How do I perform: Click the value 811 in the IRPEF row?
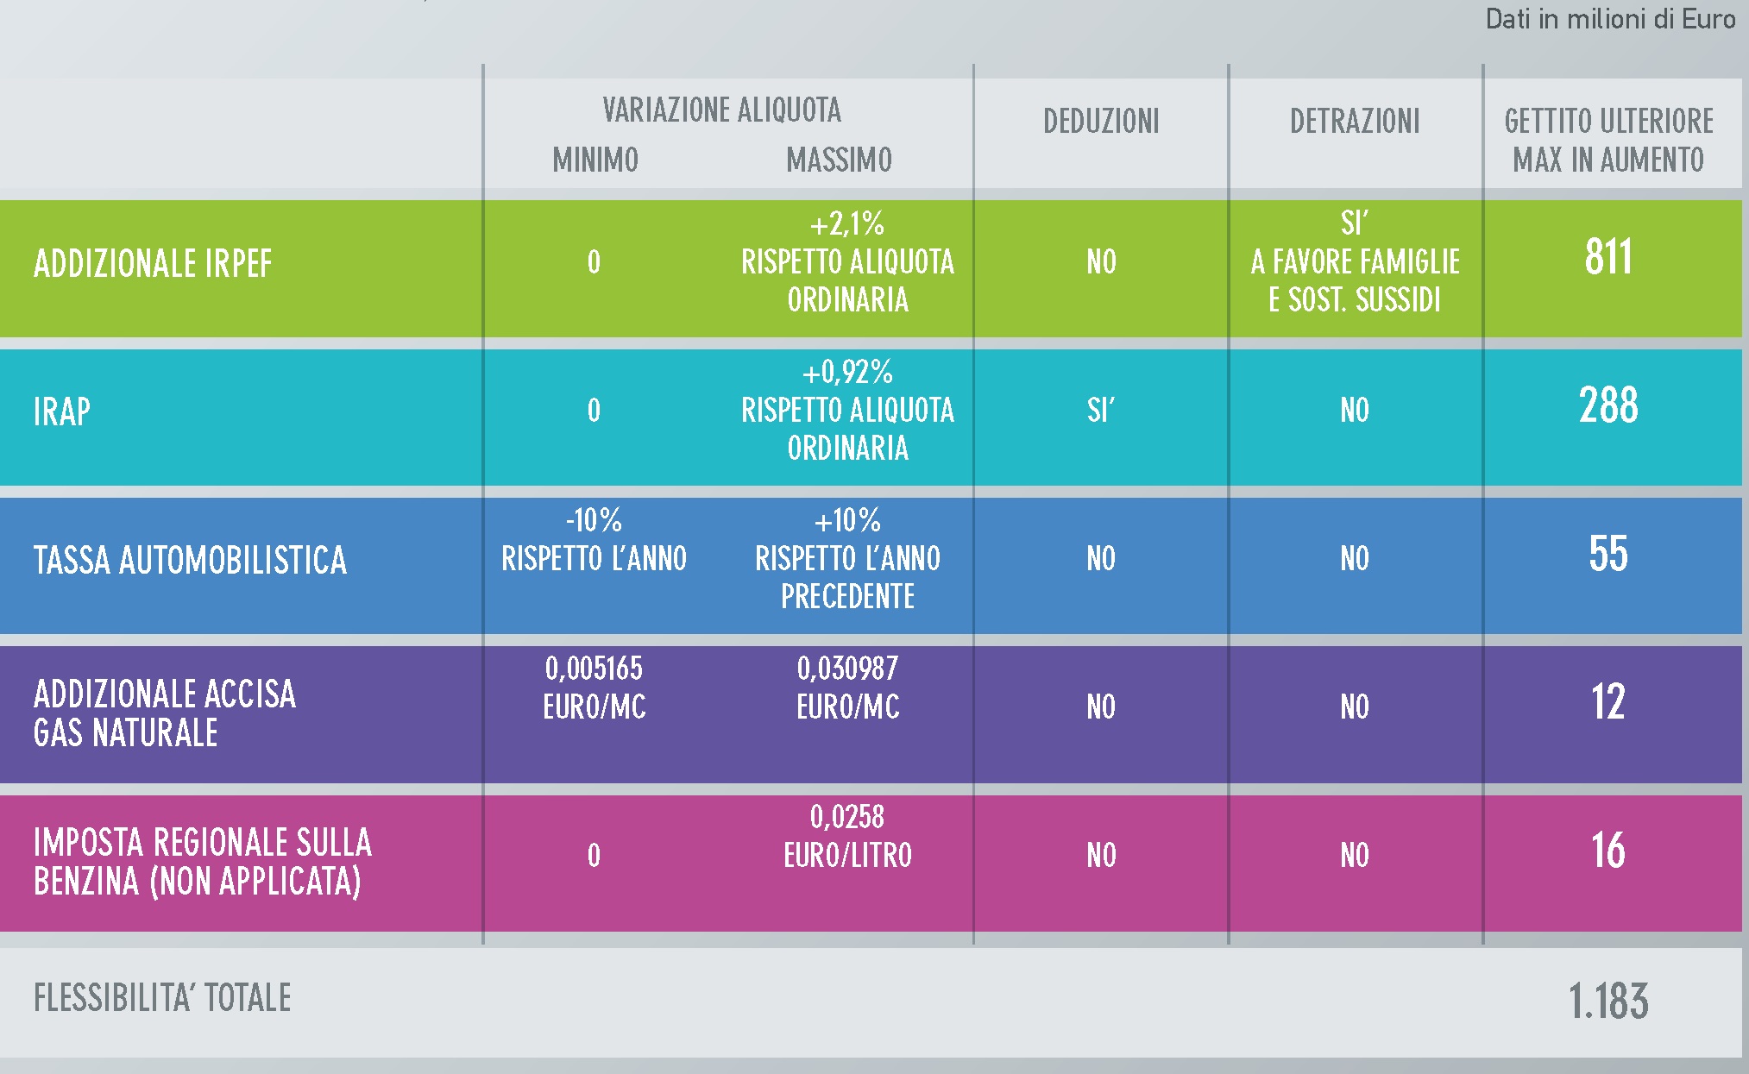click(x=1608, y=257)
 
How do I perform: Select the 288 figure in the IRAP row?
click(x=1608, y=405)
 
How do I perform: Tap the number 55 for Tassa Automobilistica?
click(x=1608, y=554)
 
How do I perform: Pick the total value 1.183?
click(x=1608, y=1002)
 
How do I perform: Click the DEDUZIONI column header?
click(x=1101, y=122)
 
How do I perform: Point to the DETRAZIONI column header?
click(x=1355, y=122)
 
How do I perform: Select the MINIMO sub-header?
click(x=595, y=160)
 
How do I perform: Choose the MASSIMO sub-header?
click(x=839, y=160)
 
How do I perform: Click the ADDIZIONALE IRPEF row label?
click(x=153, y=264)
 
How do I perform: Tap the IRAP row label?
click(x=62, y=411)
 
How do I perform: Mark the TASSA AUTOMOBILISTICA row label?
click(x=190, y=561)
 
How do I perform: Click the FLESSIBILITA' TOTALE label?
click(x=162, y=998)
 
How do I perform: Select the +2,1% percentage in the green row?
click(x=847, y=224)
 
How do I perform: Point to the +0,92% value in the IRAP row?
click(x=847, y=373)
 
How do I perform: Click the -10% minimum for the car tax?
click(x=594, y=520)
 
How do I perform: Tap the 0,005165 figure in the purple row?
click(x=594, y=669)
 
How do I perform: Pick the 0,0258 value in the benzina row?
click(x=847, y=817)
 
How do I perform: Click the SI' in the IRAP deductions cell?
click(x=1101, y=410)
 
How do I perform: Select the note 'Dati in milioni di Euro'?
click(x=1609, y=19)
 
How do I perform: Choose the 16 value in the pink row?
click(x=1608, y=851)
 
